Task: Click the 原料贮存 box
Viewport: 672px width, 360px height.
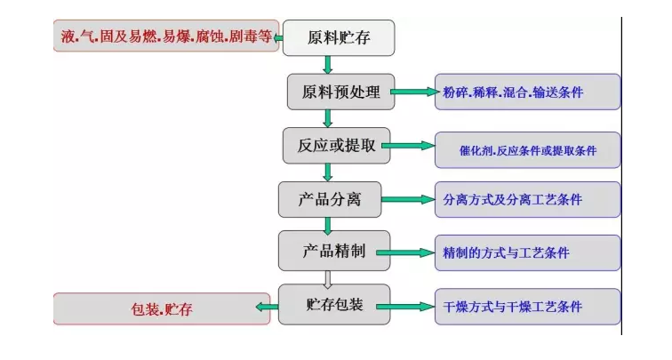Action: tap(339, 37)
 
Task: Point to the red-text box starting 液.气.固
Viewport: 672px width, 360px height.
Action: tap(166, 36)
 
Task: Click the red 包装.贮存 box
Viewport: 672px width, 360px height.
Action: tap(162, 309)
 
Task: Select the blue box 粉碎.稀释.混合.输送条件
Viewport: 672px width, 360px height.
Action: tap(527, 92)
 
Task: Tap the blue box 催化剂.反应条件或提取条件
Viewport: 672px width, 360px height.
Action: tap(527, 150)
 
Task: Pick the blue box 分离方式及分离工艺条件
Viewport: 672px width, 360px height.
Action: tap(527, 200)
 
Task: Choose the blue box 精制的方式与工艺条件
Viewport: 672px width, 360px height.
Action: tap(527, 253)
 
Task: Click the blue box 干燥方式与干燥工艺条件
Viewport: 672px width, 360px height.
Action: tap(527, 307)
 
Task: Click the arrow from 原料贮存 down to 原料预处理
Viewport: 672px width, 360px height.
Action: tap(328, 65)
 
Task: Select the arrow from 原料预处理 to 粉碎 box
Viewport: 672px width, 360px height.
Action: tap(412, 92)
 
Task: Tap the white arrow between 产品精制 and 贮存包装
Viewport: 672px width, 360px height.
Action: tap(328, 278)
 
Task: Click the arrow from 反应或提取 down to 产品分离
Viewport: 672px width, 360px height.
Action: tap(328, 172)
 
